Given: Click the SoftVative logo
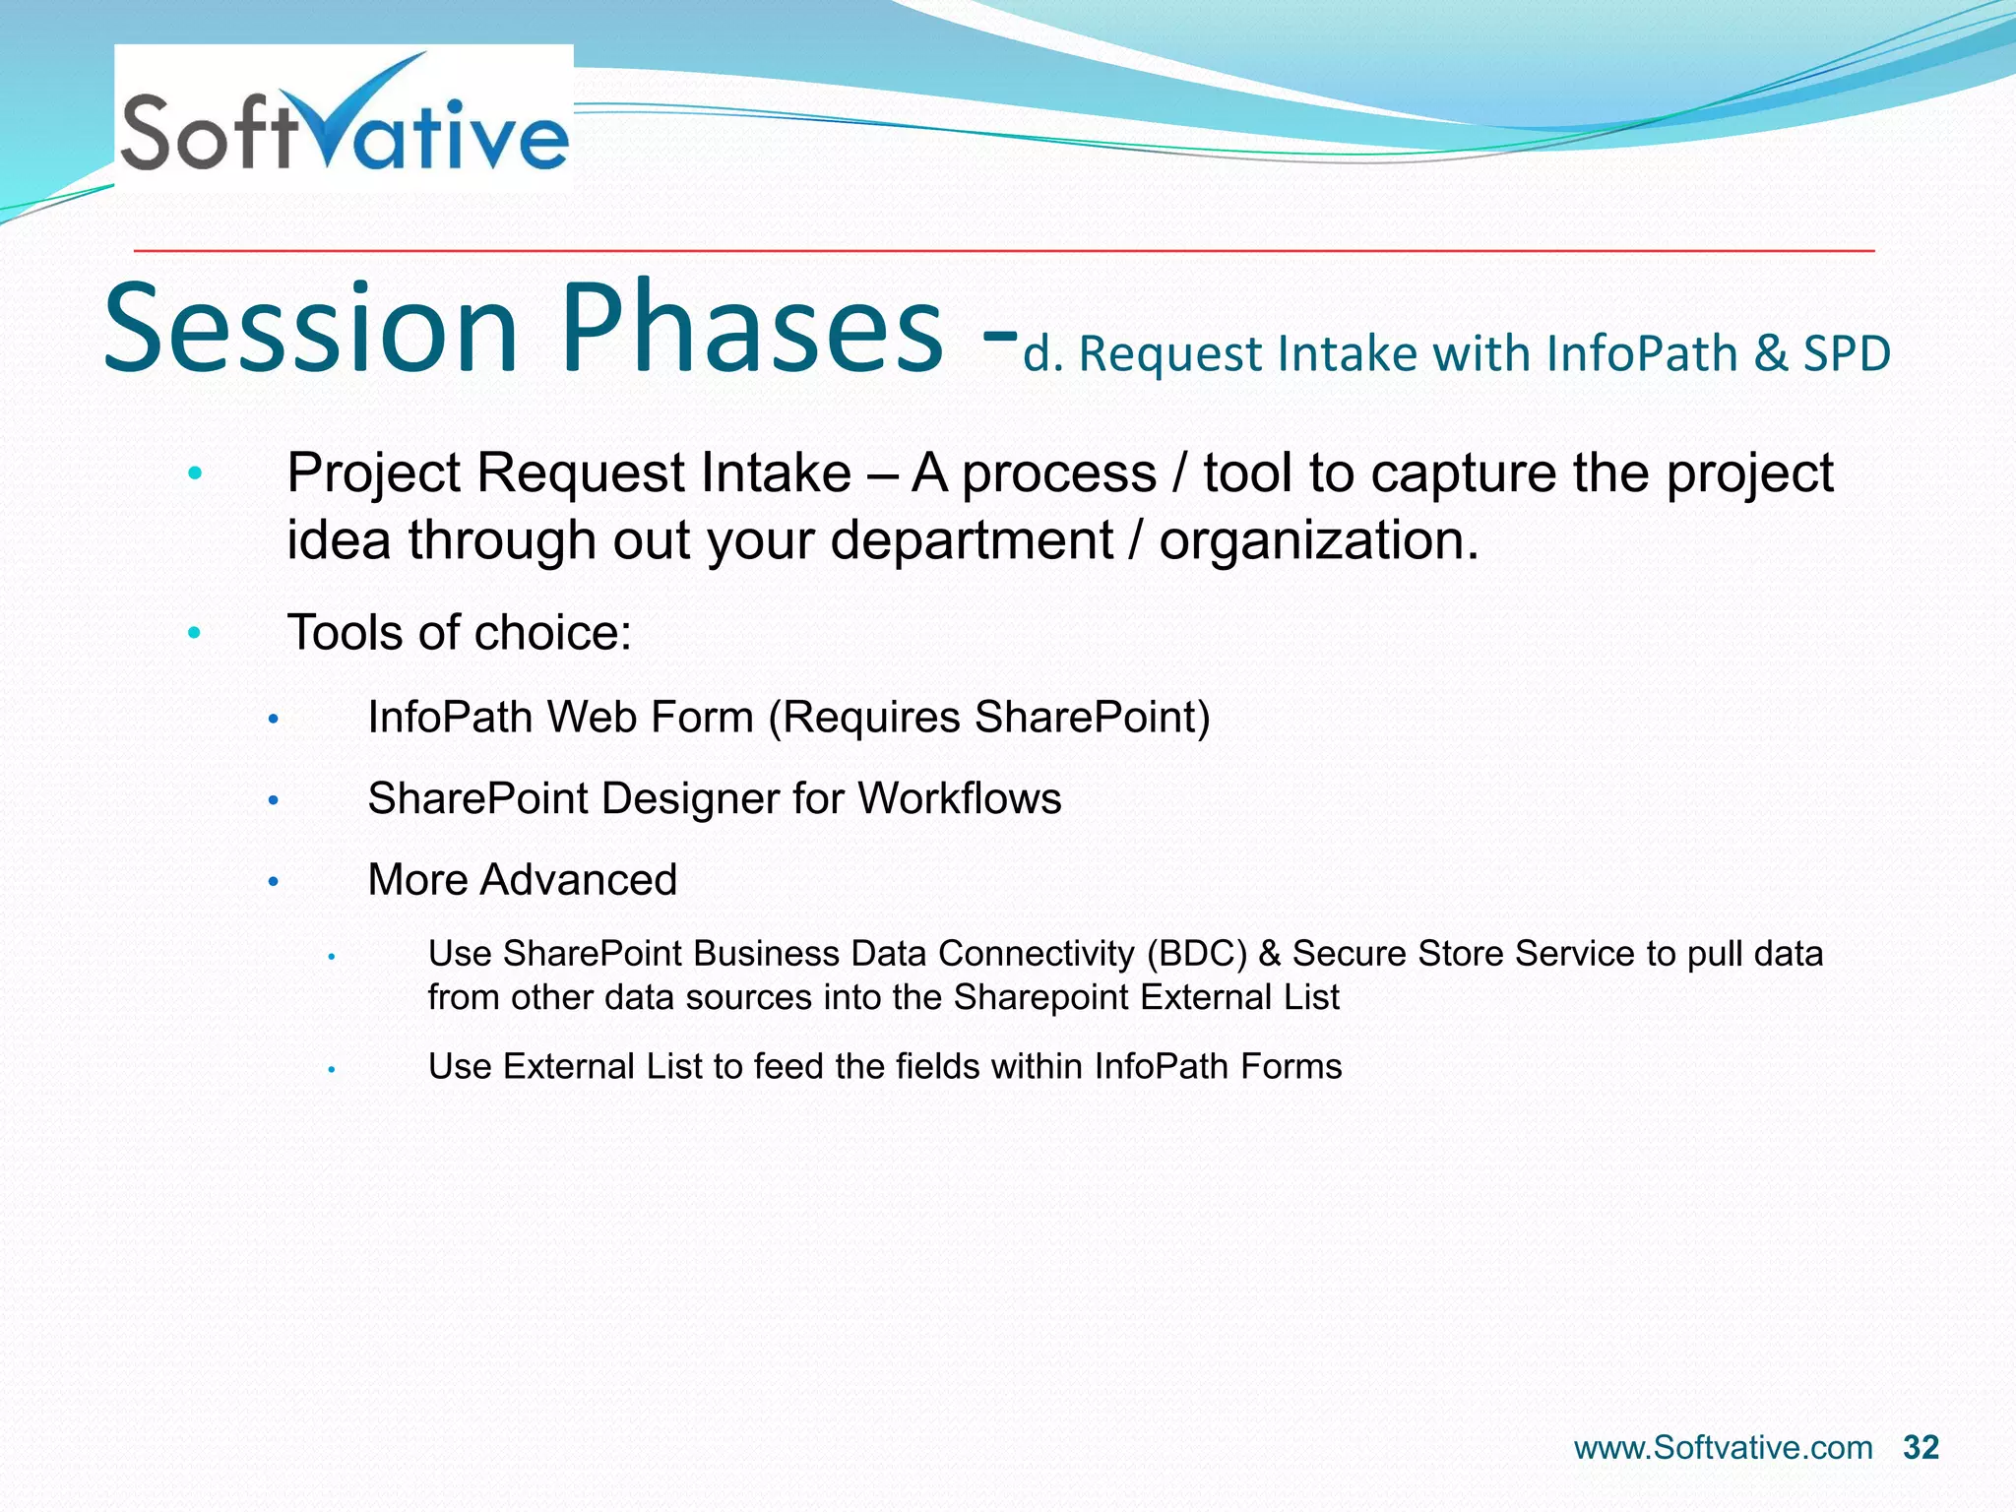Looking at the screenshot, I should click(x=344, y=117).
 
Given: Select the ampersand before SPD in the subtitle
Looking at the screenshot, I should click(x=1770, y=352).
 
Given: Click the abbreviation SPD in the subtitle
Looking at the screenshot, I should click(x=1847, y=352).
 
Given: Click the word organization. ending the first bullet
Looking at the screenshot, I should click(x=1319, y=540).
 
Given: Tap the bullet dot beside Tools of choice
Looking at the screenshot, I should click(x=195, y=632).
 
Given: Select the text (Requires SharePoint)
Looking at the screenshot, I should click(x=989, y=717).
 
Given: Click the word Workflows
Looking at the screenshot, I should click(x=960, y=798).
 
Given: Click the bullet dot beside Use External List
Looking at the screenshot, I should click(x=333, y=1068).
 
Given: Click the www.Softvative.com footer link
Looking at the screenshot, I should click(x=1723, y=1447).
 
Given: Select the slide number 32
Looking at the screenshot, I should click(x=1921, y=1447).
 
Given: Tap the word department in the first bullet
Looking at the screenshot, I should click(x=972, y=540).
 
